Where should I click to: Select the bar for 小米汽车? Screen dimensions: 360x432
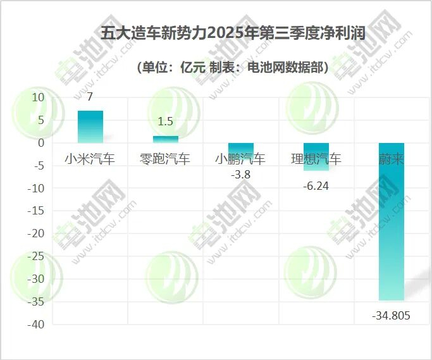[x=90, y=127]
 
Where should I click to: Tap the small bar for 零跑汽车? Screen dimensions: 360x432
[x=165, y=139]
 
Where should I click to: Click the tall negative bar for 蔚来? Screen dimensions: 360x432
[x=392, y=221]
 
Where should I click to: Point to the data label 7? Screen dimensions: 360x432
[x=90, y=97]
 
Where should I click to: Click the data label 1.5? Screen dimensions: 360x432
[x=166, y=122]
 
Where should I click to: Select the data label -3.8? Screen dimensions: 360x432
[x=241, y=175]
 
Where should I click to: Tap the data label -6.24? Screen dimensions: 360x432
[x=316, y=186]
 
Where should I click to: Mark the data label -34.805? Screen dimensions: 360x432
[x=391, y=315]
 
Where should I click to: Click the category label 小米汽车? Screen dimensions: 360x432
[x=90, y=159]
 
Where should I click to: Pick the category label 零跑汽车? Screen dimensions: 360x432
[x=165, y=159]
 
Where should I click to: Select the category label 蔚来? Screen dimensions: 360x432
[x=392, y=159]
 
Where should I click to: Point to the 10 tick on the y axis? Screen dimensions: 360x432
[x=38, y=97]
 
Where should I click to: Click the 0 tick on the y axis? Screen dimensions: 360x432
[x=41, y=143]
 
